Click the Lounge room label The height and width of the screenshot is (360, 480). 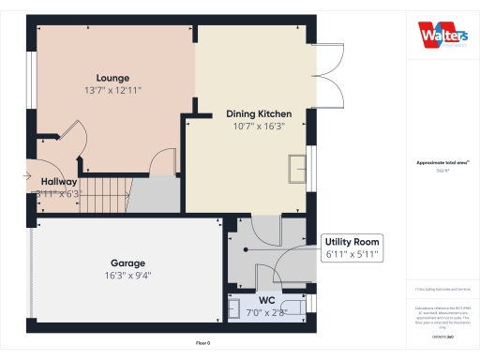112,78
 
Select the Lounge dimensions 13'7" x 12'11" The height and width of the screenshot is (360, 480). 112,91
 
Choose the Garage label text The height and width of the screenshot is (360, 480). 127,263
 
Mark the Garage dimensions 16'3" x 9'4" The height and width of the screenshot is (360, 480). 127,276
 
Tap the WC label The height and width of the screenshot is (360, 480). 266,300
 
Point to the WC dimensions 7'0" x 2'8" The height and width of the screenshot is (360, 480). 266,312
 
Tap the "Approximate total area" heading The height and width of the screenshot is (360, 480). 442,162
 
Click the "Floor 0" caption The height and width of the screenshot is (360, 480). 202,343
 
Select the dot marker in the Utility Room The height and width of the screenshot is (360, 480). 247,251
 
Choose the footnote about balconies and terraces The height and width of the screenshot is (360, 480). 442,290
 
